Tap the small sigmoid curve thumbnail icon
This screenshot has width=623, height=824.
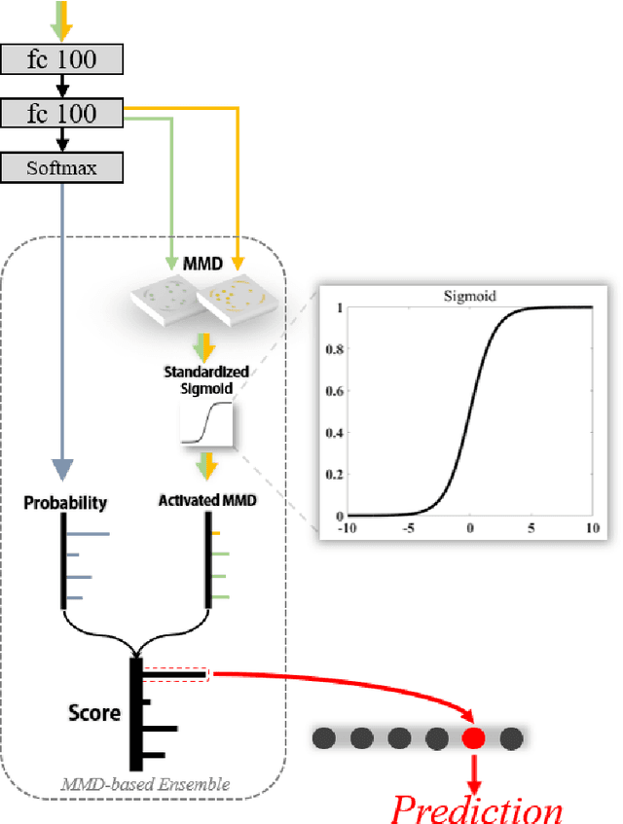coord(203,425)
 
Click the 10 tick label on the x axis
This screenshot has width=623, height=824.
coord(592,527)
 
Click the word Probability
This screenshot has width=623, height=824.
coord(64,503)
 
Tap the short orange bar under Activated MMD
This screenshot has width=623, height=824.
coord(216,533)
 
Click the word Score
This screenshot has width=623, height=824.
coord(93,713)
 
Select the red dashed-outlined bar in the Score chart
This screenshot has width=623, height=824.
coord(175,673)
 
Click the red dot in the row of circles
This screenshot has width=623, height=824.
coord(473,739)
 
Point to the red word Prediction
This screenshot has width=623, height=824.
coord(476,806)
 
